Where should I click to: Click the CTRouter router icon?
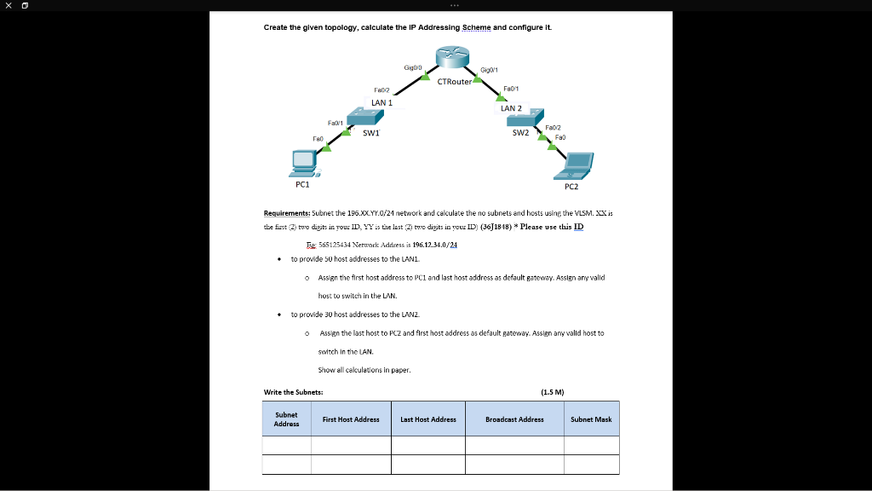click(x=452, y=57)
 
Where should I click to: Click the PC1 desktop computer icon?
click(x=302, y=159)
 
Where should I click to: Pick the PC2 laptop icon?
click(x=578, y=162)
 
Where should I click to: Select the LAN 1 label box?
click(x=381, y=102)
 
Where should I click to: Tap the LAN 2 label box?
click(x=511, y=108)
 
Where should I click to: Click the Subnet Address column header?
click(x=286, y=419)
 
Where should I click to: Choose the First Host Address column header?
click(x=351, y=419)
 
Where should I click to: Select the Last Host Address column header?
click(x=428, y=419)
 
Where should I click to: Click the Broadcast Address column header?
click(x=514, y=419)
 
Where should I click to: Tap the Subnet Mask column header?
click(x=591, y=419)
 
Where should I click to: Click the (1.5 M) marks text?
click(x=553, y=392)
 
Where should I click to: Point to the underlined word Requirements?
click(x=287, y=213)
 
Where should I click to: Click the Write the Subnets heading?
click(x=293, y=392)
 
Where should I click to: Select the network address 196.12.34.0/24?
click(x=435, y=245)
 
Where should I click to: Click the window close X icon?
click(x=8, y=5)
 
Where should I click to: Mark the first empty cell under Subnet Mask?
click(x=591, y=445)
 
